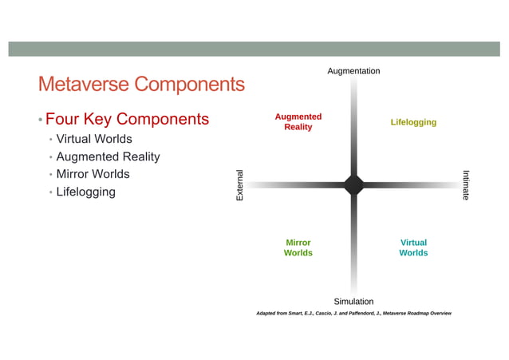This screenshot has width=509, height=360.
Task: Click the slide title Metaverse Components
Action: (140, 84)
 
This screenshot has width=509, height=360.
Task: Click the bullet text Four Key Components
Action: (127, 120)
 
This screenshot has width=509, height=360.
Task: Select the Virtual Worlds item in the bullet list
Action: (93, 140)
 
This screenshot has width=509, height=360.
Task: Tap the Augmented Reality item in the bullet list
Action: (108, 157)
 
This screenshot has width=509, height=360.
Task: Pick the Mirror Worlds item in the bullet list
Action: (93, 174)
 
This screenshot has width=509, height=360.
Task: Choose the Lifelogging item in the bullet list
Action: (85, 192)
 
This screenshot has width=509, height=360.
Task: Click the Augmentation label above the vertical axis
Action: (353, 71)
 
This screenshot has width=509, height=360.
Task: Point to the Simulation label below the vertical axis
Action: (353, 301)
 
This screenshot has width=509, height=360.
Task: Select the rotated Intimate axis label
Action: (467, 184)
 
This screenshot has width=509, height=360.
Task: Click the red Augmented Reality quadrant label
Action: (298, 122)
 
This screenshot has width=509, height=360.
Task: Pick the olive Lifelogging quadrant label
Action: (413, 122)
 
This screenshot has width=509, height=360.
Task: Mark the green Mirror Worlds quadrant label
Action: (298, 247)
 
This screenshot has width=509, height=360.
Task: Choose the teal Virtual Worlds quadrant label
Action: (413, 247)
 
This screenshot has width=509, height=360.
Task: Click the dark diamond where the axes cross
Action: (353, 184)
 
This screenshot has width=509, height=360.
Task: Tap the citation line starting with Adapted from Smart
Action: (353, 314)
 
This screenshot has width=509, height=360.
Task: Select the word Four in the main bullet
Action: (61, 120)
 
